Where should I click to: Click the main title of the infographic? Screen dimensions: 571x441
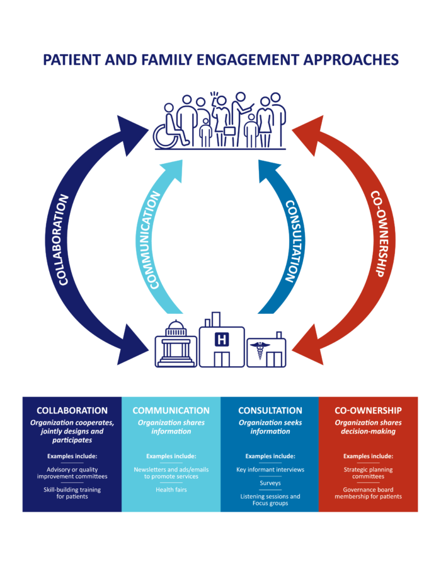pyautogui.click(x=220, y=59)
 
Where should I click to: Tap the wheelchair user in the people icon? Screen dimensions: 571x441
pyautogui.click(x=175, y=130)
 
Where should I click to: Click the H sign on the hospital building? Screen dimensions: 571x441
pyautogui.click(x=221, y=340)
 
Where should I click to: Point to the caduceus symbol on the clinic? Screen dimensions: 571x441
pyautogui.click(x=258, y=350)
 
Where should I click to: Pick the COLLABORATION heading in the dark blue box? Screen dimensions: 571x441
pyautogui.click(x=72, y=410)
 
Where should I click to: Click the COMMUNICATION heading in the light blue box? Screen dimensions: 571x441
pyautogui.click(x=171, y=410)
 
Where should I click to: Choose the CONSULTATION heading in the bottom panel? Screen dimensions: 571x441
pyautogui.click(x=270, y=410)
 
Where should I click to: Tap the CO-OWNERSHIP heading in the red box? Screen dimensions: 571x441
pyautogui.click(x=368, y=410)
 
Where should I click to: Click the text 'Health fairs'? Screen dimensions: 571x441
pyautogui.click(x=171, y=490)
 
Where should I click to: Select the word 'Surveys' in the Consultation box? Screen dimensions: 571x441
pyautogui.click(x=270, y=483)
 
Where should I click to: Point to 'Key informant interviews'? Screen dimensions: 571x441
pyautogui.click(x=270, y=470)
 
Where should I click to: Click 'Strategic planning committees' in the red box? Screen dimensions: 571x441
pyautogui.click(x=368, y=473)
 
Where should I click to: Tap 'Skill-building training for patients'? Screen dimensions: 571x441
pyautogui.click(x=72, y=493)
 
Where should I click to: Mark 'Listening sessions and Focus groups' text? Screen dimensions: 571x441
pyautogui.click(x=270, y=500)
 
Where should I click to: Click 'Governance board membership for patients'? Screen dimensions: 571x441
pyautogui.click(x=368, y=493)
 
